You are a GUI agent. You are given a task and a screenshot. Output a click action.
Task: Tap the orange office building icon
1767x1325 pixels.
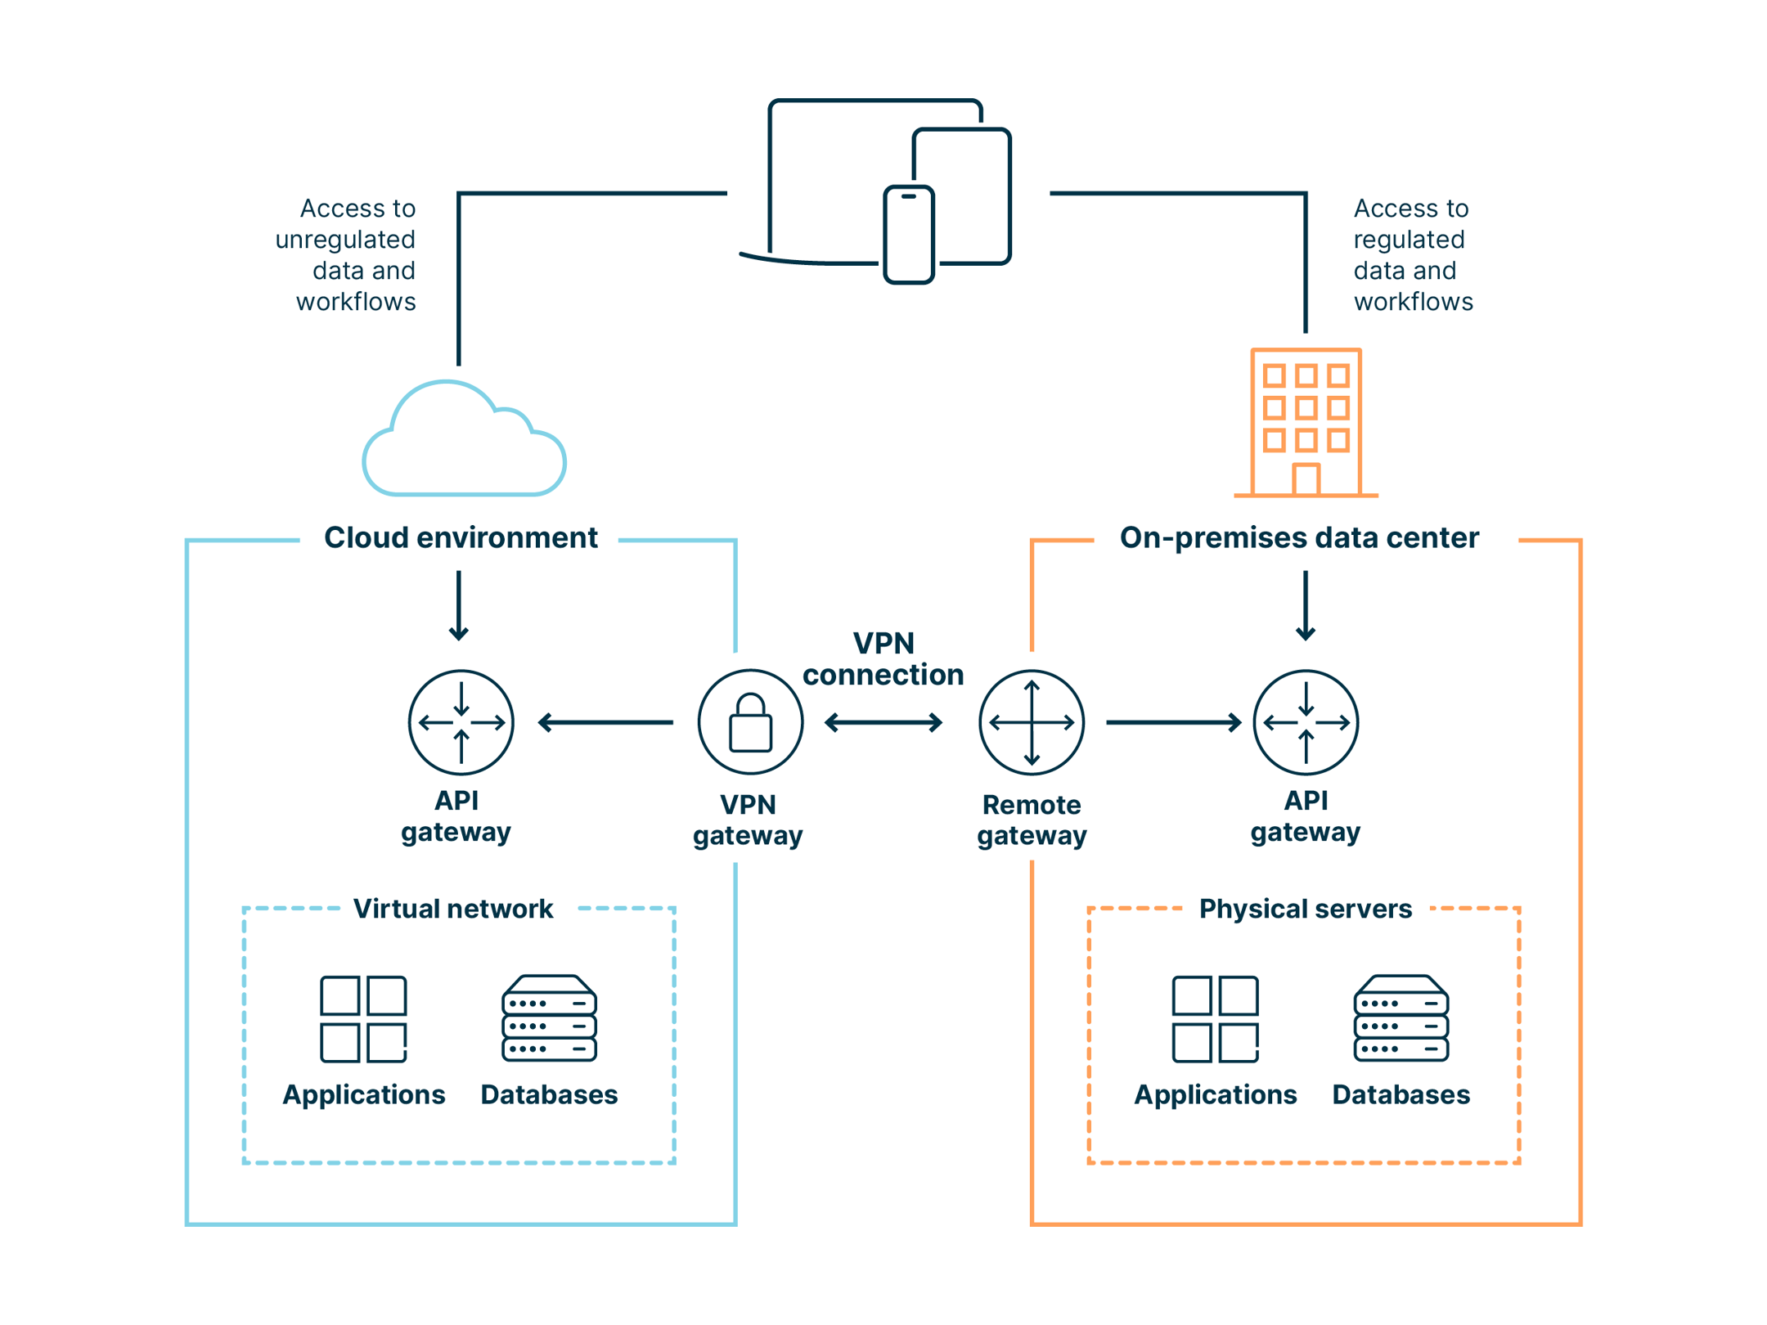tap(1306, 423)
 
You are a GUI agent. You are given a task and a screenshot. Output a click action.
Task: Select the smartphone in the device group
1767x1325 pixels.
tap(908, 235)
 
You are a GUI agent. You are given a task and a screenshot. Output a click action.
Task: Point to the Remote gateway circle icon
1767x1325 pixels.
tap(1031, 722)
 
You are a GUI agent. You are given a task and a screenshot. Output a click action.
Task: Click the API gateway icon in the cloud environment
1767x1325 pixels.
tap(461, 722)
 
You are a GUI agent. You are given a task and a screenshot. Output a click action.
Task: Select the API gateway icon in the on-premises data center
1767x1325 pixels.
tap(1306, 722)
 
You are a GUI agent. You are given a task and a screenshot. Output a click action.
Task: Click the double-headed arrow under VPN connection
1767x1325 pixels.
tap(883, 722)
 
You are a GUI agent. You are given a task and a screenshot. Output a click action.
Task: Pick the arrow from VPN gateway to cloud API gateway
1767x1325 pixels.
tap(605, 722)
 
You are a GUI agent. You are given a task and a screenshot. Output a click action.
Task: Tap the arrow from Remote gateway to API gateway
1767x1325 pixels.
tap(1173, 722)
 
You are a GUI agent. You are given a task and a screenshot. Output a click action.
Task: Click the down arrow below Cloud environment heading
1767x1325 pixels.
tap(459, 606)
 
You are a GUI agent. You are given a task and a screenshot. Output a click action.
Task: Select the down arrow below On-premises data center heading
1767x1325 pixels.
tap(1306, 606)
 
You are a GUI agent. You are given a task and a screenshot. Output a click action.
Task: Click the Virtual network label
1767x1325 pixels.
tap(452, 909)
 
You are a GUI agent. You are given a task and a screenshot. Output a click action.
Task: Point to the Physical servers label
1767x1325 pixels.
tap(1305, 909)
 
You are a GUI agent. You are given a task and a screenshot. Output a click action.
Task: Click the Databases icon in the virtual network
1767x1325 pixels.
tap(549, 1018)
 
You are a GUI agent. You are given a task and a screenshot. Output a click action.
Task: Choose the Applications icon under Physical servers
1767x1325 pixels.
tap(1215, 1018)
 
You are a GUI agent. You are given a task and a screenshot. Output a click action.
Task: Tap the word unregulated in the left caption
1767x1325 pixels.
tap(345, 240)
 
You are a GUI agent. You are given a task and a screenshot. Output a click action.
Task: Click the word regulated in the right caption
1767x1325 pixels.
tap(1409, 240)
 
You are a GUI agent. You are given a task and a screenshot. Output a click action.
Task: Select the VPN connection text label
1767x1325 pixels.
tap(883, 659)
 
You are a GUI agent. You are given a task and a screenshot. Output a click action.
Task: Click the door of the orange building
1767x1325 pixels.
tap(1306, 480)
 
